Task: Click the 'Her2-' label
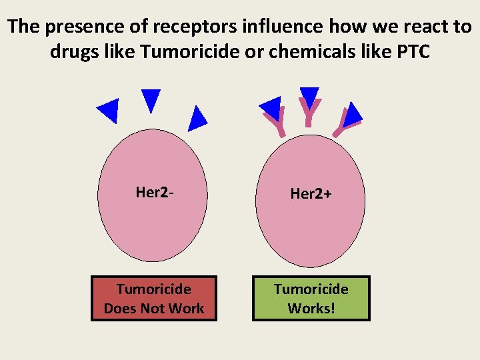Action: pos(155,193)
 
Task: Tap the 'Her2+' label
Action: pos(311,194)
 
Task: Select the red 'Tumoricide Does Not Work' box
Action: pos(154,299)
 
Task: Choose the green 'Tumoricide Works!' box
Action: pos(311,299)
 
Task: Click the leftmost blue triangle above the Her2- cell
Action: pos(109,110)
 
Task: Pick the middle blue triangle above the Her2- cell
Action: pos(151,99)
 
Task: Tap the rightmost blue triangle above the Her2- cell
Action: pos(197,119)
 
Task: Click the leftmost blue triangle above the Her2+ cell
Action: pos(271,107)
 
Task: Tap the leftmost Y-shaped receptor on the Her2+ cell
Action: pos(276,123)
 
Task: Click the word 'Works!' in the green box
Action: pos(311,309)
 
